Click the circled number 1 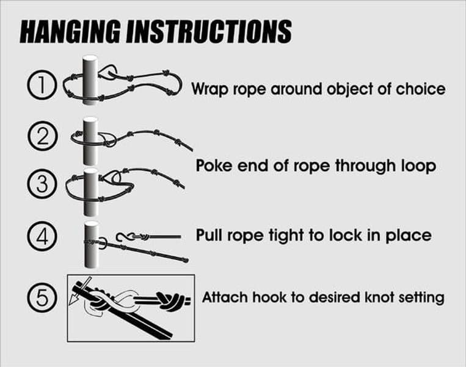click(x=42, y=85)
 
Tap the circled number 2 click(x=43, y=136)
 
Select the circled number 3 click(x=42, y=183)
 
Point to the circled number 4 click(x=42, y=237)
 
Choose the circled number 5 click(x=42, y=298)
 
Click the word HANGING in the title click(x=70, y=32)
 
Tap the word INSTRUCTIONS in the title click(x=209, y=32)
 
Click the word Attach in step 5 click(x=225, y=297)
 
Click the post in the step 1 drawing click(x=90, y=80)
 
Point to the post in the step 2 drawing click(x=90, y=141)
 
